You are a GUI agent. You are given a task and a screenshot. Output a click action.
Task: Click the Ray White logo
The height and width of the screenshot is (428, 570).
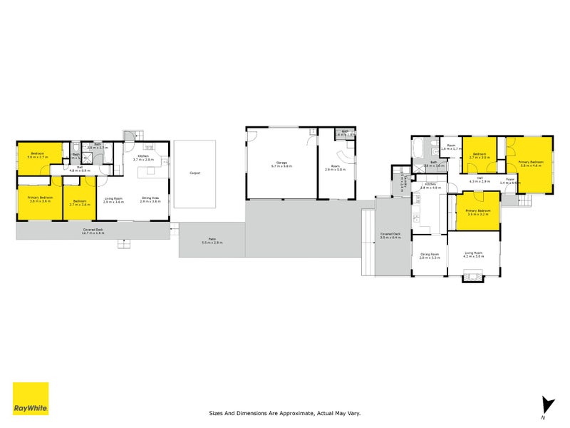pos(31,399)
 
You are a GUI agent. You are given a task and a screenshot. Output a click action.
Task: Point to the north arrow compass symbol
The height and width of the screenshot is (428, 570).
pos(546,405)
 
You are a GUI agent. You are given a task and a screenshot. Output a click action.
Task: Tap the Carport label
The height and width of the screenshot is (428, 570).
pos(195,173)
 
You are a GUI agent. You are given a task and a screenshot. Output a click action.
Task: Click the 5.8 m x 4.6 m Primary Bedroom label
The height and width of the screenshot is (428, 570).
pos(531,163)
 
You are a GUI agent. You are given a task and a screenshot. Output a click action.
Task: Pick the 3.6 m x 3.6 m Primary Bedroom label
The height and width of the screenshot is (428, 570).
pos(40,200)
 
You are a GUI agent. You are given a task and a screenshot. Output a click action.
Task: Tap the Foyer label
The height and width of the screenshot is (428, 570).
pos(510,180)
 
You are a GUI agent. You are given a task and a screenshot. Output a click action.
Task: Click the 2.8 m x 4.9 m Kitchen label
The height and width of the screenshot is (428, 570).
pos(430,185)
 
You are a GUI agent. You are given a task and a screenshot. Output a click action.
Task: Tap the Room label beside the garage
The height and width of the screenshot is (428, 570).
pos(335,168)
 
